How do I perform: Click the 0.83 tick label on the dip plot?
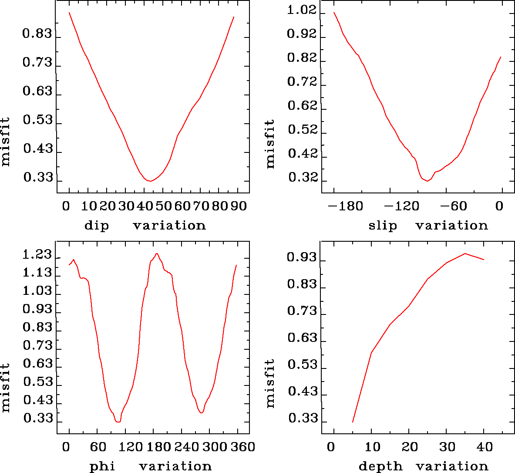(37, 34)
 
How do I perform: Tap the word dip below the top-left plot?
(96, 226)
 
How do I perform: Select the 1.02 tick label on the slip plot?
(302, 10)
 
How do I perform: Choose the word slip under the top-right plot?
(383, 226)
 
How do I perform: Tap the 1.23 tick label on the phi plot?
(37, 255)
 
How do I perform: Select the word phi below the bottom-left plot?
(102, 466)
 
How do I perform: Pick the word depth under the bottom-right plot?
(380, 466)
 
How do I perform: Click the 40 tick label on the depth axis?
(484, 447)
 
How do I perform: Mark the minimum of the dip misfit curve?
(150, 181)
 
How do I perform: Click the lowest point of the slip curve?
(427, 181)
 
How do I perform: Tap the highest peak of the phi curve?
(157, 253)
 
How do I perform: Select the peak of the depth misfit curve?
(465, 253)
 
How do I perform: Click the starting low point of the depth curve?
(353, 422)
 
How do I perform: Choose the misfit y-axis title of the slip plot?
(270, 144)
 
